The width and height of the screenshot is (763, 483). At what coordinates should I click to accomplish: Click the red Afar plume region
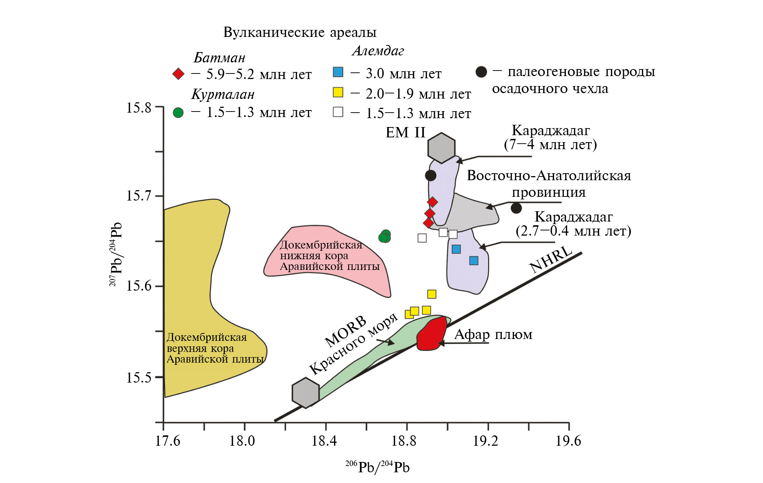click(431, 334)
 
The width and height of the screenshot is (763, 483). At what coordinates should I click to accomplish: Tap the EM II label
click(405, 133)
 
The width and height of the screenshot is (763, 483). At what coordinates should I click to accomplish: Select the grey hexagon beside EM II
click(441, 148)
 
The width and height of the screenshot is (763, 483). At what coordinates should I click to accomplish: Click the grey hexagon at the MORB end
click(306, 393)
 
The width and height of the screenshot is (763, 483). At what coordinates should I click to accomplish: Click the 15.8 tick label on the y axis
click(139, 108)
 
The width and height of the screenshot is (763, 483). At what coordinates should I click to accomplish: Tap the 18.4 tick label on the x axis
click(324, 441)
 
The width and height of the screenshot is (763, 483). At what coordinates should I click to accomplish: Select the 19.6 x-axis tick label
click(568, 441)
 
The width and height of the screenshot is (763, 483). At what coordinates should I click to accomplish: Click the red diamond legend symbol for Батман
click(178, 74)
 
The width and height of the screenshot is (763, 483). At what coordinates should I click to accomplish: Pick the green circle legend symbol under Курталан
click(178, 113)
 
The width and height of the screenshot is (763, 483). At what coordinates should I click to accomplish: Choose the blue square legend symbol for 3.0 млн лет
click(338, 72)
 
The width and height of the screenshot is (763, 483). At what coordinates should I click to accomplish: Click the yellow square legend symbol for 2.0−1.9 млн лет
click(338, 92)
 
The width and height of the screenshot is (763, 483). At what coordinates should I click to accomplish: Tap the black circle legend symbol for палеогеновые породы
click(481, 72)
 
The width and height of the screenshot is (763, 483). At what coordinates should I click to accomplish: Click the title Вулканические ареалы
click(300, 32)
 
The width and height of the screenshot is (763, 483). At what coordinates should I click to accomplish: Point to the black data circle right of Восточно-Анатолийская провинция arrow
click(516, 208)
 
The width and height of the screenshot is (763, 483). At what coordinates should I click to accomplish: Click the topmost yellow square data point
click(432, 294)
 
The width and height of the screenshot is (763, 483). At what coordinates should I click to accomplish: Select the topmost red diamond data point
click(433, 202)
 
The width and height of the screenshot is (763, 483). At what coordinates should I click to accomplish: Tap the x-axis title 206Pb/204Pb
click(377, 467)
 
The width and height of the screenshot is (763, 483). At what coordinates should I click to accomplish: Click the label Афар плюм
click(493, 335)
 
